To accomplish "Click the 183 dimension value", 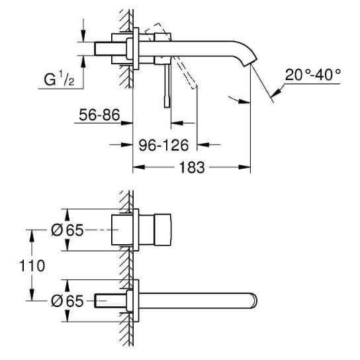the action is (x=192, y=167).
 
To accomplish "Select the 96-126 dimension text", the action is (x=163, y=146).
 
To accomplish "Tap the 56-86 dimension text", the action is (x=99, y=114).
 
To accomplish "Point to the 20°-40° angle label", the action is (x=313, y=75).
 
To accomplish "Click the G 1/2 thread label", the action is (x=59, y=79).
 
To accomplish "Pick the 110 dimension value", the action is (x=32, y=265).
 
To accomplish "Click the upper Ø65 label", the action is (x=67, y=230).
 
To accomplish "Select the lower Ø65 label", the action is (x=67, y=301).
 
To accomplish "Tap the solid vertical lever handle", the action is (x=167, y=85).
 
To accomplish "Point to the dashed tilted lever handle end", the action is (x=195, y=85).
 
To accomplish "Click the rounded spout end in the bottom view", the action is (x=254, y=300).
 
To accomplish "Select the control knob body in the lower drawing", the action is (x=163, y=230).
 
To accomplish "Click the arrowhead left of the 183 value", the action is (x=139, y=167).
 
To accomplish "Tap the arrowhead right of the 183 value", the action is (x=244, y=167).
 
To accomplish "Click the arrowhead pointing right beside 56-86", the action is (x=127, y=123).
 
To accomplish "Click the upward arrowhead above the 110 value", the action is (x=32, y=236).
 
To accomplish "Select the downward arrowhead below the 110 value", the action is (x=32, y=294).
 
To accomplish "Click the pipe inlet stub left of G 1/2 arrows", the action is (x=103, y=49).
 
